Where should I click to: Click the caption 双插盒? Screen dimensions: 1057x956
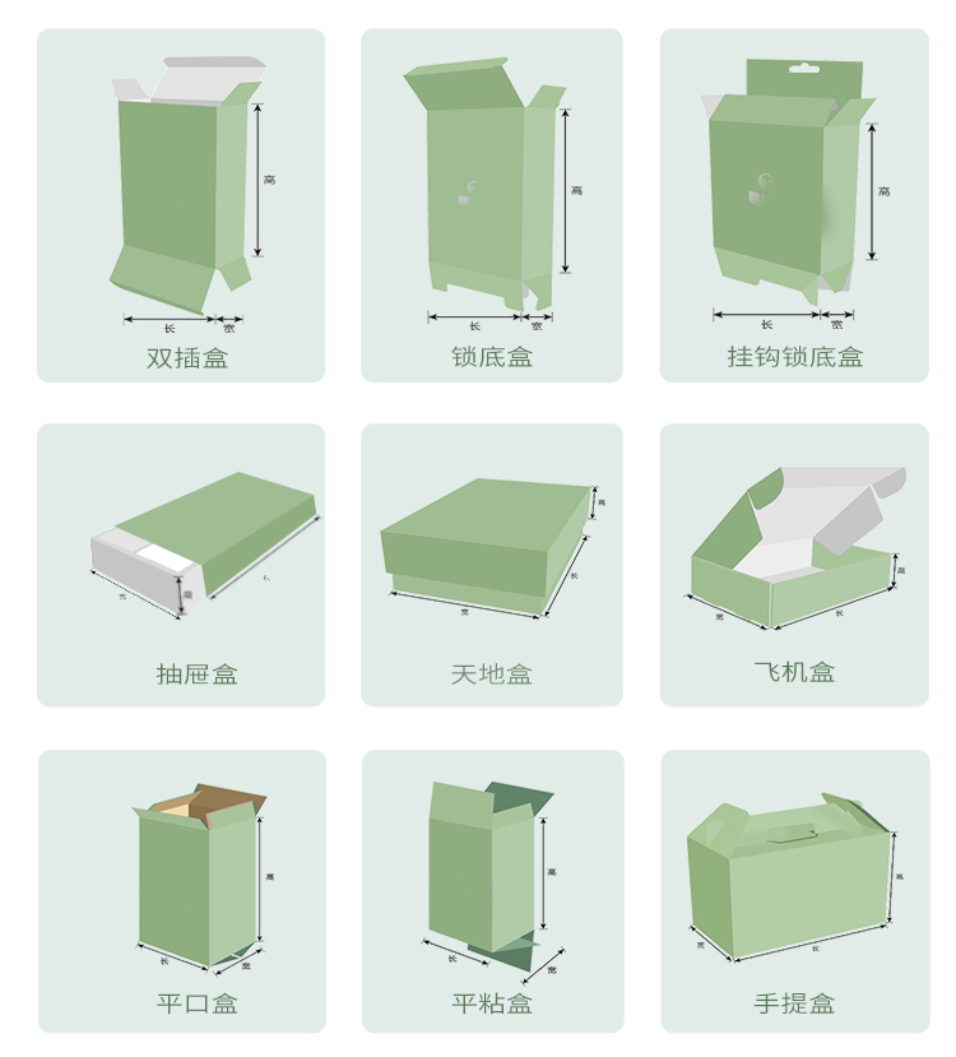tap(187, 358)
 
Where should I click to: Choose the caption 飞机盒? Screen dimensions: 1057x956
tap(794, 672)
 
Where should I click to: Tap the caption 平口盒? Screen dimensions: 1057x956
tap(197, 1003)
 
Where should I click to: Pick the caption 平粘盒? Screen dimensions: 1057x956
tap(492, 1003)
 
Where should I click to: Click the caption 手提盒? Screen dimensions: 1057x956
tap(794, 1003)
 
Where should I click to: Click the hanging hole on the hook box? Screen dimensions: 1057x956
tap(804, 69)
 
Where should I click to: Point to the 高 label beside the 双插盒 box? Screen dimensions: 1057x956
tap(269, 180)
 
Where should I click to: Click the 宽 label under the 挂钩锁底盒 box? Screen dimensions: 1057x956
tap(837, 325)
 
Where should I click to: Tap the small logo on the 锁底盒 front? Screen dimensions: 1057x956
tap(466, 194)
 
